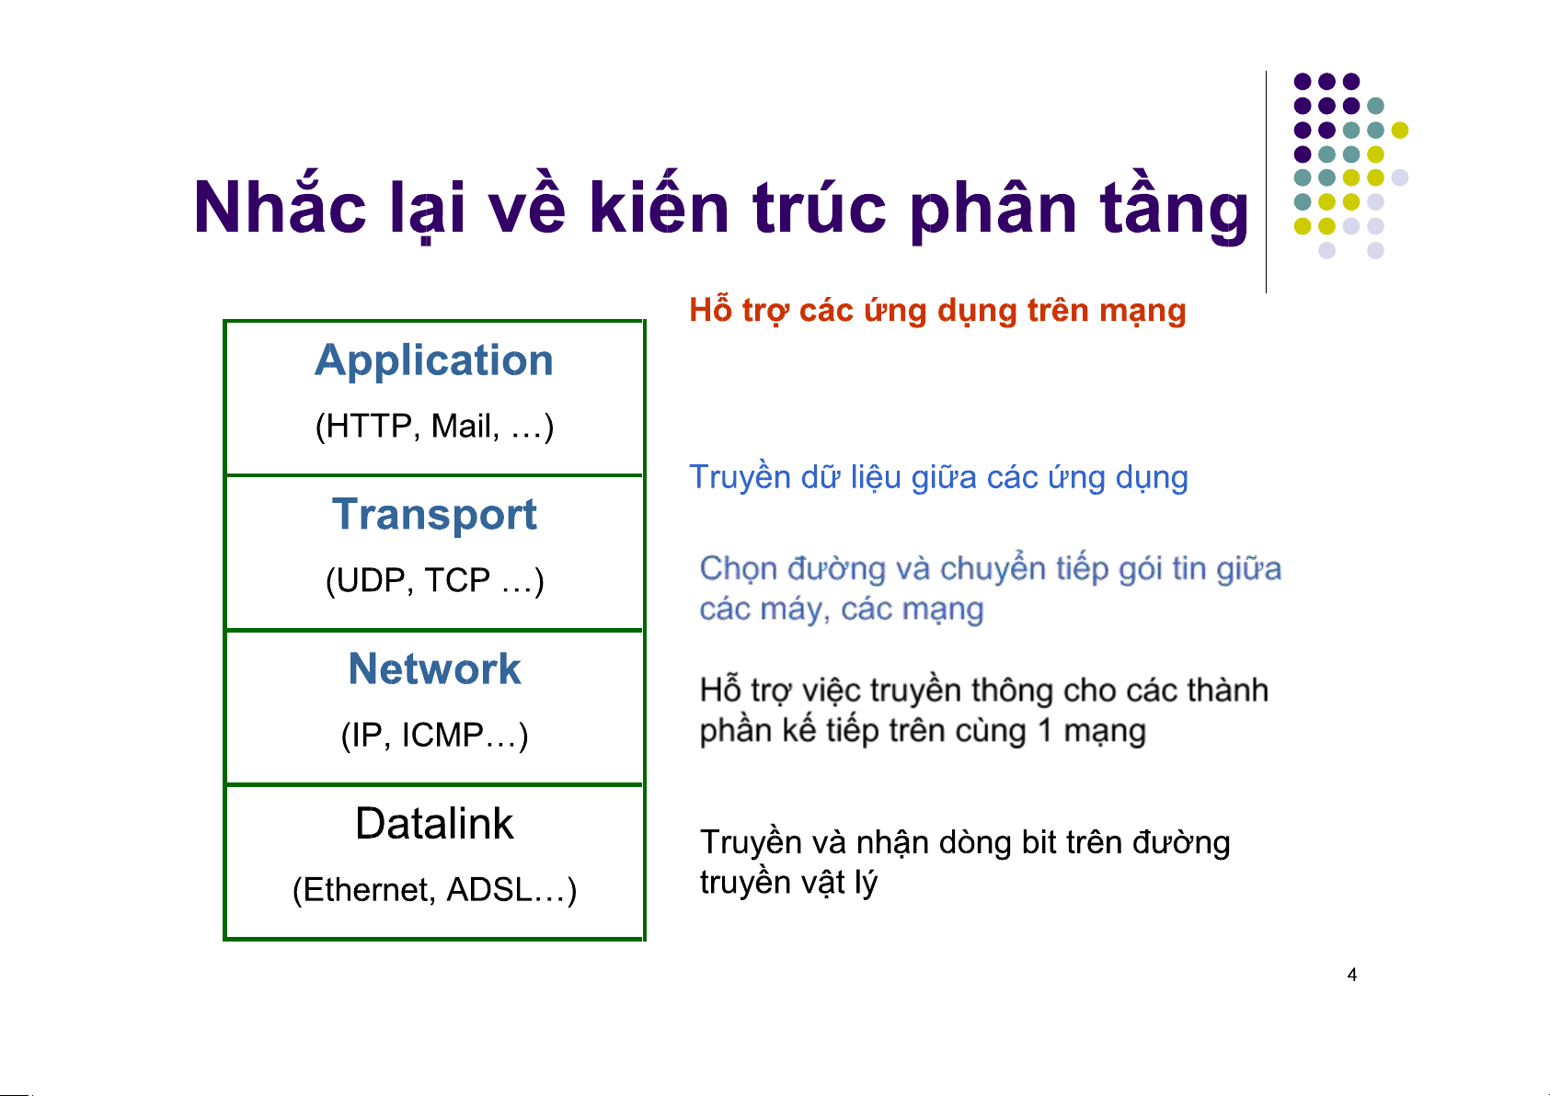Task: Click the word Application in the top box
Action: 434,361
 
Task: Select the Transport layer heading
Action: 434,516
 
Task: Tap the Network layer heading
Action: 434,668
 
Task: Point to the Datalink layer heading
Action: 434,824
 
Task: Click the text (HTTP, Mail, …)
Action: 434,426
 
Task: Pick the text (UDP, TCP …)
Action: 434,580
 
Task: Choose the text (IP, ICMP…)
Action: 434,735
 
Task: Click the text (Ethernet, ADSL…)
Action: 434,889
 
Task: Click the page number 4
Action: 1352,975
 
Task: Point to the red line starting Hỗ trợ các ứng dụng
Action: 937,311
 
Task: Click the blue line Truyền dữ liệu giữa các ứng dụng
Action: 938,478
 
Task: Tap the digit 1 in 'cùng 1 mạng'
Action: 1045,731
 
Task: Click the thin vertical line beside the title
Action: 1267,182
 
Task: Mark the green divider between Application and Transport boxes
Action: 434,475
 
